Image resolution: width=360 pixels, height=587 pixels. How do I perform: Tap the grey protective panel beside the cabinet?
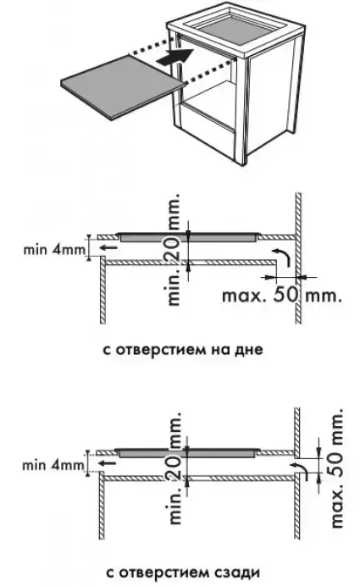(x=123, y=86)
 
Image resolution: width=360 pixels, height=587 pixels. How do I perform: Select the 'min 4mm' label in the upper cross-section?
(x=55, y=249)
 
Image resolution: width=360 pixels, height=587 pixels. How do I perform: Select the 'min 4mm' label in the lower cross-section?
(x=53, y=465)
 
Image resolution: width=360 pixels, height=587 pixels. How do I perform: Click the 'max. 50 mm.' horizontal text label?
(x=282, y=296)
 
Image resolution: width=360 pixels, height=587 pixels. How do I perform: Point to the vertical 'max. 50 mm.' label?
(x=337, y=468)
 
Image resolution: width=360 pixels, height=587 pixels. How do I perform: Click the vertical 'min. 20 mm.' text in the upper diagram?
(x=174, y=250)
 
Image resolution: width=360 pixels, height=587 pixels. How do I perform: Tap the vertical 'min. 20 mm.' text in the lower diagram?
(x=174, y=468)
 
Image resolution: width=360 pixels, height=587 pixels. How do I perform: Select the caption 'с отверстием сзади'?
(x=183, y=573)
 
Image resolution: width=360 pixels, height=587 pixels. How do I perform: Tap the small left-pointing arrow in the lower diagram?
(x=107, y=463)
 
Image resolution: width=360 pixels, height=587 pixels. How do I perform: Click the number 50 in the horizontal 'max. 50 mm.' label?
(x=287, y=296)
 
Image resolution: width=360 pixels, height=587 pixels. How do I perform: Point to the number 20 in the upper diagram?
(x=174, y=250)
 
